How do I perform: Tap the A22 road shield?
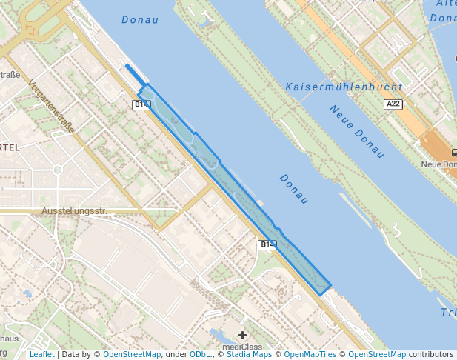tap(394, 104)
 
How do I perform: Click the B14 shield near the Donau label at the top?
tap(141, 104)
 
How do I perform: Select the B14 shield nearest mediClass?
tap(267, 244)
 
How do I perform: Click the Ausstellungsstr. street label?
tap(74, 211)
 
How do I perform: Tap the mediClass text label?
tap(242, 346)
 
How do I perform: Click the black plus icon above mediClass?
tap(242, 336)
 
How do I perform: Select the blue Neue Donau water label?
tap(358, 131)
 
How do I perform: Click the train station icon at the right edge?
tap(453, 153)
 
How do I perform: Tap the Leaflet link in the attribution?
tap(41, 355)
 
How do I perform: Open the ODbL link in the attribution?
tap(199, 355)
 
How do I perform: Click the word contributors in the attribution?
tap(431, 355)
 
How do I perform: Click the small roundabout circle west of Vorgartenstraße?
tap(58, 170)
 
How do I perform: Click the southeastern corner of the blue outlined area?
tap(321, 294)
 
